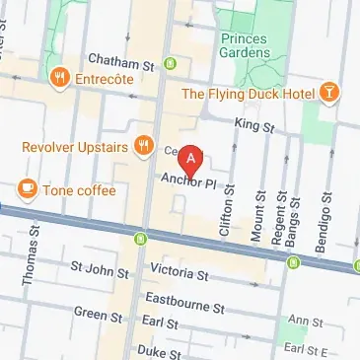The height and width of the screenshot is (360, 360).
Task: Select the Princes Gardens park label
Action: (240, 43)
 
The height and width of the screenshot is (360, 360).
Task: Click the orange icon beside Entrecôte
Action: (61, 77)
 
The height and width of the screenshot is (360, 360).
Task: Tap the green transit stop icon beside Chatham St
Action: (170, 65)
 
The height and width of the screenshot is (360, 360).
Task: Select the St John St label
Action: (96, 267)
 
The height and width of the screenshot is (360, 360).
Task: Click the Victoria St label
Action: (179, 271)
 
